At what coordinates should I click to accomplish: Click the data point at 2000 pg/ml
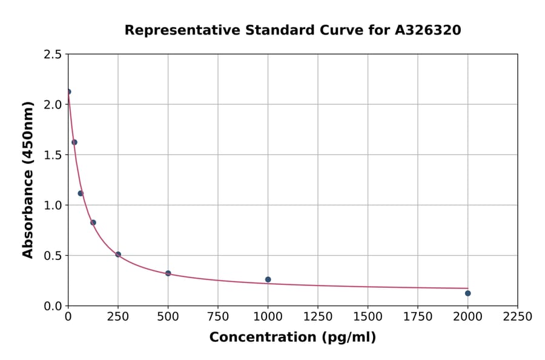coord(467,293)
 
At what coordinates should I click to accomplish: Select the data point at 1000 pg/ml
coord(268,279)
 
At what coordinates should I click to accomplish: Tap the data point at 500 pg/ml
coord(168,273)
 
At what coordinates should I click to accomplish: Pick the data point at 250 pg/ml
coord(118,255)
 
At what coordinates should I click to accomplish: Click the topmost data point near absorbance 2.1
coord(68,92)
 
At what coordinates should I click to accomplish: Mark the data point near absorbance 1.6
coord(74,142)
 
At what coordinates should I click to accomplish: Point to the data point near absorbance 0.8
coord(93,222)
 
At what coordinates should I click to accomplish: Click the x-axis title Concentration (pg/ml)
coord(292,338)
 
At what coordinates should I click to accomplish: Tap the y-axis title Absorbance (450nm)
coord(28,180)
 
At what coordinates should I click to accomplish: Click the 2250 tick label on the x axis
coord(517,317)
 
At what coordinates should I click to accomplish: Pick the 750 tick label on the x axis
coord(218,317)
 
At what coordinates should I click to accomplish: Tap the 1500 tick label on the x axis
coord(368,317)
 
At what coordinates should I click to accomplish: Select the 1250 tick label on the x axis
coord(317,317)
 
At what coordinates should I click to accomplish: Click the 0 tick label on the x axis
coord(68,317)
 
